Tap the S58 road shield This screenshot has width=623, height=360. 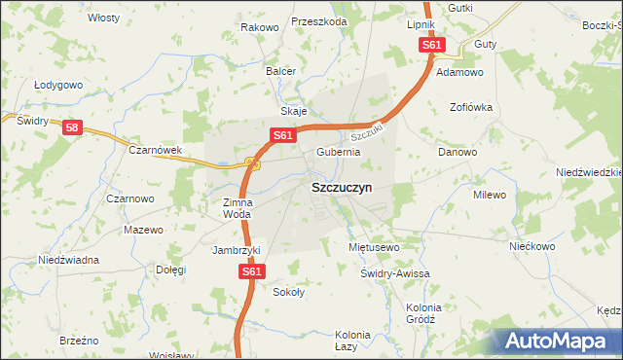72,126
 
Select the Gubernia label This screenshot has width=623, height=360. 339,153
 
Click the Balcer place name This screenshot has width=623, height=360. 280,71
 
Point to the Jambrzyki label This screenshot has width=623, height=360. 233,250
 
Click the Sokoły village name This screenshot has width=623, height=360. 288,292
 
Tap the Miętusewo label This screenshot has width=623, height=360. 375,248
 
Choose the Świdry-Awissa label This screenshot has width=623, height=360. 395,273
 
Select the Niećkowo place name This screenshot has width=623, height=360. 531,247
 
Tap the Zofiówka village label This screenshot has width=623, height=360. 472,107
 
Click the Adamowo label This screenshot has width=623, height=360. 460,72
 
